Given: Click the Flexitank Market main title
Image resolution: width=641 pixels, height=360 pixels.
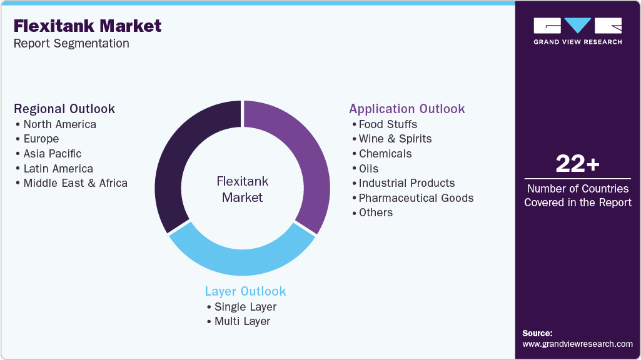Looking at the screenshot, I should tap(88, 26).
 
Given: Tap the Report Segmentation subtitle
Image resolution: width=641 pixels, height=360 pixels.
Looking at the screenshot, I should tap(71, 43).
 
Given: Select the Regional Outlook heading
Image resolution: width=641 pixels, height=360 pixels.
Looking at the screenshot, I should tap(64, 109).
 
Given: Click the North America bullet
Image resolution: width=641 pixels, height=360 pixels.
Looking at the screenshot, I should tap(59, 124).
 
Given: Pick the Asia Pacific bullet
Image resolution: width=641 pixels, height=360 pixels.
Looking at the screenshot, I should tap(52, 154).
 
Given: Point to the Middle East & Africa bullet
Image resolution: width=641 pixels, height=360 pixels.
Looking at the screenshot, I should tap(75, 183).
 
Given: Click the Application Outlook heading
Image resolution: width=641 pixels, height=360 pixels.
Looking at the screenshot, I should tap(407, 109).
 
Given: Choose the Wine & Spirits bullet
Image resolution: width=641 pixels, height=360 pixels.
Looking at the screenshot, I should tap(395, 139).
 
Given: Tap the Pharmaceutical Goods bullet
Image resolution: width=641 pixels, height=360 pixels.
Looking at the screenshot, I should tap(416, 198).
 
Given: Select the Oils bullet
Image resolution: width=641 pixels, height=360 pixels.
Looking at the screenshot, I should tap(368, 168).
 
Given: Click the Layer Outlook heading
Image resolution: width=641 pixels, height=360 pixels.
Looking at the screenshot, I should tap(245, 291).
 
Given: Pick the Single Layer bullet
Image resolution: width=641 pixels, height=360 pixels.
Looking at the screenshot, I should tap(245, 306).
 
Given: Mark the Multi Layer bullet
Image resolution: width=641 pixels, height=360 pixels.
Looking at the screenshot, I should tap(242, 321).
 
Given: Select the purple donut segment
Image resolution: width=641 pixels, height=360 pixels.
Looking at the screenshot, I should tap(306, 156).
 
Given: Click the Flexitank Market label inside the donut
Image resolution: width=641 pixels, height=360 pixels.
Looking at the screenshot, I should tap(242, 189).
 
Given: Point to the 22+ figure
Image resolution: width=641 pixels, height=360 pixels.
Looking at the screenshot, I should tap(577, 164).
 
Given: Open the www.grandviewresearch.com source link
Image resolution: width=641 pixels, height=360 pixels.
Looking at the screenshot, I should tap(577, 344).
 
